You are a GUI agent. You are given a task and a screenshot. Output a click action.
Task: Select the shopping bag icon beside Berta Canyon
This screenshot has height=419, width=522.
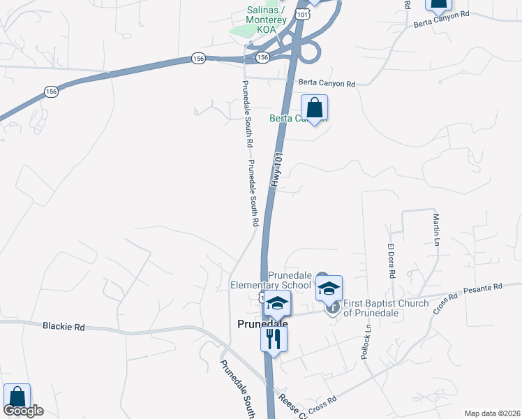pos(315,109)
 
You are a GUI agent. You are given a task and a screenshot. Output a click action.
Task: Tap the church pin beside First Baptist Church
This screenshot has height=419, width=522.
pos(332,307)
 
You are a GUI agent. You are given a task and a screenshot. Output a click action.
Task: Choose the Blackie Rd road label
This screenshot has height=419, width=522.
pos(64,326)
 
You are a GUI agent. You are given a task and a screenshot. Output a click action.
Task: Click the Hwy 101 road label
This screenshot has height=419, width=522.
pos(276,170)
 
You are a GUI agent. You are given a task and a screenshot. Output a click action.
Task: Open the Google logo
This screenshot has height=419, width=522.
pos(23,411)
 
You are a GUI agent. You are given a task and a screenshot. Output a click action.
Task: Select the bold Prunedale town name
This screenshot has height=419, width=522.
pos(263,324)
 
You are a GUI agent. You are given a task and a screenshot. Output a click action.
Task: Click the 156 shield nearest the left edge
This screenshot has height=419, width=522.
pos(51,91)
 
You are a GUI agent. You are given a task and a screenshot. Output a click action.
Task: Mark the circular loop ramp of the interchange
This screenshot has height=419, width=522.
pos(311,52)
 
